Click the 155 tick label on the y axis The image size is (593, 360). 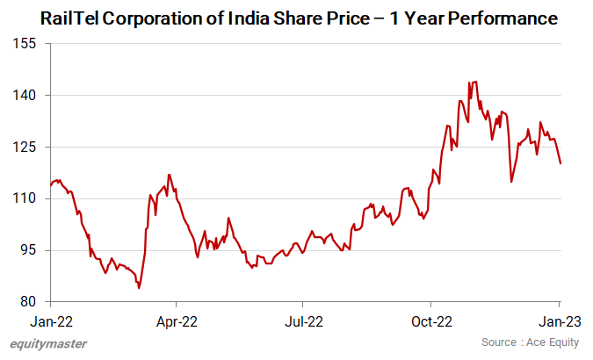point(26,43)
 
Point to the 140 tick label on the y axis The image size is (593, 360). point(26,95)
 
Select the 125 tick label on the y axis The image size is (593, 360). point(26,147)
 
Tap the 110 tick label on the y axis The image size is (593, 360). point(26,198)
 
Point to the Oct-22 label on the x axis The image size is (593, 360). point(432,320)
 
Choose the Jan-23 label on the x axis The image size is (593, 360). point(560,320)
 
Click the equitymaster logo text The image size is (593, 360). point(49,343)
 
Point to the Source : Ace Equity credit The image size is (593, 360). point(530,342)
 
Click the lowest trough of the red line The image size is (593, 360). point(139,288)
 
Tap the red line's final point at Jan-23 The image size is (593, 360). point(560,163)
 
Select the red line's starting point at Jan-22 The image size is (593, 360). point(50,186)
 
